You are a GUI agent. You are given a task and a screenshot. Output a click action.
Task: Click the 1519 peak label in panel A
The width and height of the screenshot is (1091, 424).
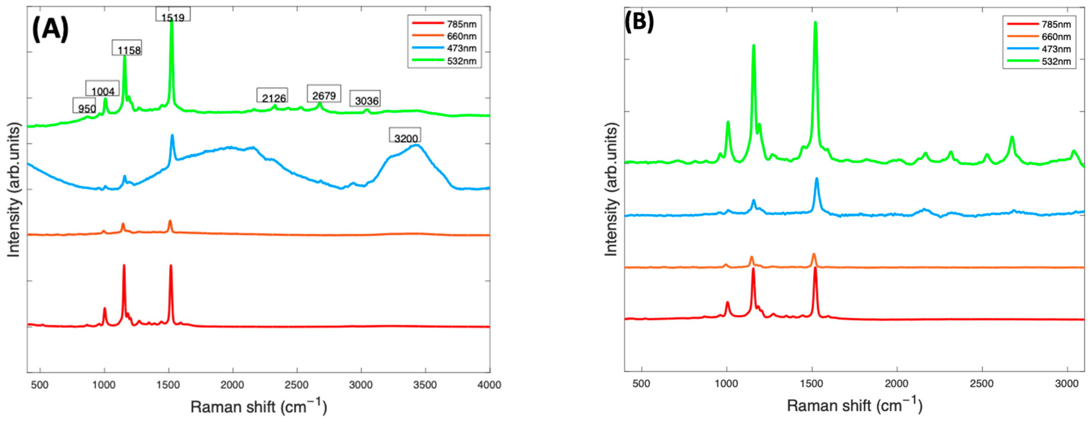click(x=173, y=17)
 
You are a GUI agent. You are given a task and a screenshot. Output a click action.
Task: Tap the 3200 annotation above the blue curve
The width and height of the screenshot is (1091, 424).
click(x=406, y=138)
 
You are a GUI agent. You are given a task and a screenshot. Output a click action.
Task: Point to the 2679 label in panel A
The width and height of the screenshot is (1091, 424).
click(x=324, y=95)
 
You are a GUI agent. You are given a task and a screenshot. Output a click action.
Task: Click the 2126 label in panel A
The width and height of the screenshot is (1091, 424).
click(x=274, y=98)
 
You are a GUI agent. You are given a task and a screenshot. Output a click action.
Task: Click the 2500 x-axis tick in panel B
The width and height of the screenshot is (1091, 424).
click(x=982, y=384)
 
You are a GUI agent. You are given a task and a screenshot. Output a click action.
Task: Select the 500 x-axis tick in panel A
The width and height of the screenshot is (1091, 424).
click(x=40, y=385)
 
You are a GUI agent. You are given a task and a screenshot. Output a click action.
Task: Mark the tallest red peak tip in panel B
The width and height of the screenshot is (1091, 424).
click(x=753, y=269)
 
